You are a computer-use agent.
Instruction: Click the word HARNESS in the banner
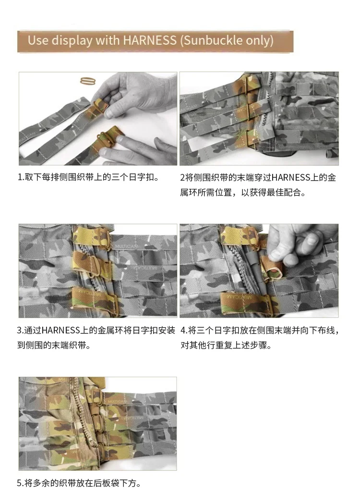150,40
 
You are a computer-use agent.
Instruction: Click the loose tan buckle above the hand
88,81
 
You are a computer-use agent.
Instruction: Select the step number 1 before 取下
20,178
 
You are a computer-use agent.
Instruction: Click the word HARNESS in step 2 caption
291,178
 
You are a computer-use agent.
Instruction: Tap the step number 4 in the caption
183,331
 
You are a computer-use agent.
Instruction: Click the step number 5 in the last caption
20,483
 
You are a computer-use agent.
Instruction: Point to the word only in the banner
259,41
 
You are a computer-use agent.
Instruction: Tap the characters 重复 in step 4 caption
233,345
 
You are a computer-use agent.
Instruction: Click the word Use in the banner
38,40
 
